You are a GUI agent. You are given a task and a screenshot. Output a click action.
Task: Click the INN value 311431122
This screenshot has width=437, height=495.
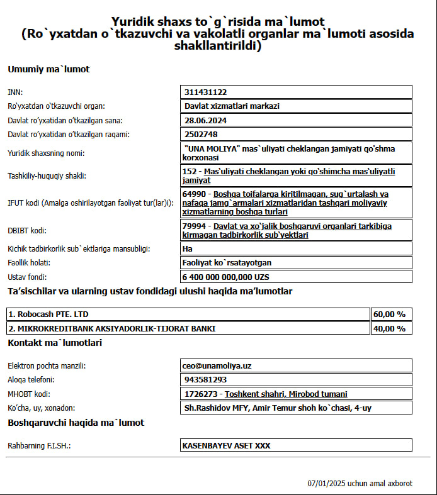point(206,92)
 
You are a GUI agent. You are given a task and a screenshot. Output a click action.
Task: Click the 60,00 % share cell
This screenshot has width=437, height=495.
point(390,314)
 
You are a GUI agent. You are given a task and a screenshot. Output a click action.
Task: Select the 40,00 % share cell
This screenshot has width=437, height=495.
point(390,328)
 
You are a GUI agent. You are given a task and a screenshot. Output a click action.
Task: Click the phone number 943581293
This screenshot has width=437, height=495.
point(206,380)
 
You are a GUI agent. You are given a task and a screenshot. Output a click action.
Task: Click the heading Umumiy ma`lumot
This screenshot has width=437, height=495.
point(48,69)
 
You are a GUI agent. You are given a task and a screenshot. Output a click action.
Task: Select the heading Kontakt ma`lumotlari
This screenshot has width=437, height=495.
point(55,343)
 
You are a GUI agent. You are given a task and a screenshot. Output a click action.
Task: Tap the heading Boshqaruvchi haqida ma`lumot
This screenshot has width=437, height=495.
point(76,423)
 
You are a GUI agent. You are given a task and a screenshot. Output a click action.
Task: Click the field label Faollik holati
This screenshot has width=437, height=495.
point(28,262)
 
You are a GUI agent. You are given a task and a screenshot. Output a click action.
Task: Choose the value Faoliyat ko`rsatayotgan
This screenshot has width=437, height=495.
point(227,262)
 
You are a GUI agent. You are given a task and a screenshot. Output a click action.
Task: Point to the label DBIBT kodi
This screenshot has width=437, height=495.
point(25,230)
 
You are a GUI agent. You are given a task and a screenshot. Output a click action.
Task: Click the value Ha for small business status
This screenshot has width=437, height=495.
point(188,248)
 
